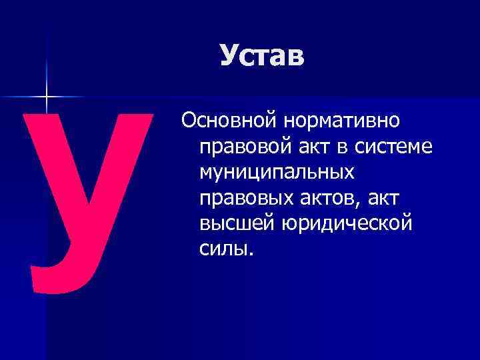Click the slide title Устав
pyautogui.click(x=261, y=55)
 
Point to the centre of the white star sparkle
pyautogui.click(x=47, y=97)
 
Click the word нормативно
pyautogui.click(x=342, y=121)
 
